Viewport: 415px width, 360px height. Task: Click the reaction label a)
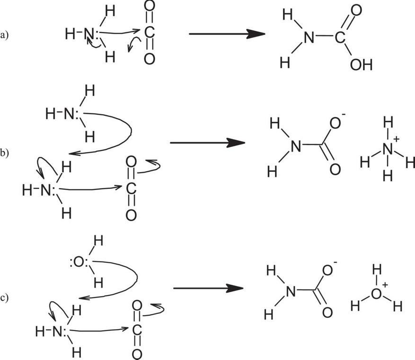tap(5, 34)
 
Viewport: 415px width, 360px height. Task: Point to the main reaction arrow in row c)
tap(209, 288)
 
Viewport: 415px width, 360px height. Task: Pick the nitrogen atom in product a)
tap(309, 37)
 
